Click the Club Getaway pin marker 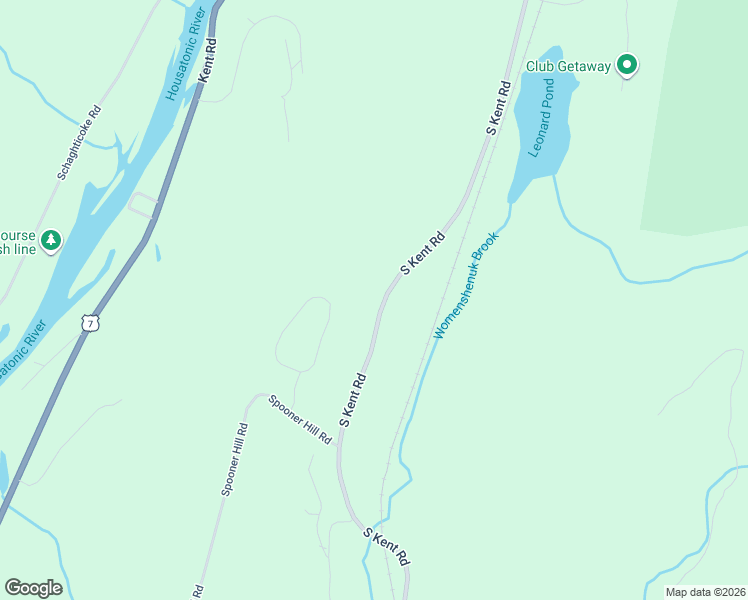click(627, 66)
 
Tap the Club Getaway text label click(568, 67)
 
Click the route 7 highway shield click(91, 324)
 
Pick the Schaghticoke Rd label click(80, 143)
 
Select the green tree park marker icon click(51, 240)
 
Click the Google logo click(33, 588)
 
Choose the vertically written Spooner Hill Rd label click(234, 459)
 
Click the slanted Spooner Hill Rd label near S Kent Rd click(300, 420)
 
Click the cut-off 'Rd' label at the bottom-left click(198, 591)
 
